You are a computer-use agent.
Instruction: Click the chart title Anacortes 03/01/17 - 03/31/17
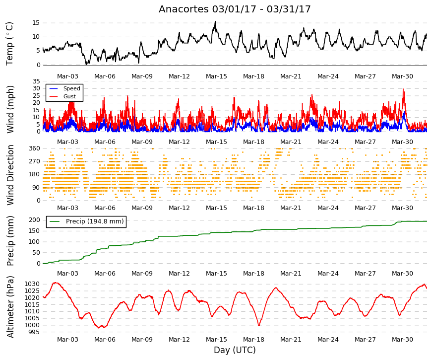(235, 9)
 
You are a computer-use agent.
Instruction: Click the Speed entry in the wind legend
(71, 88)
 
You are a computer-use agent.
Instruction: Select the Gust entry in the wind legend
(69, 96)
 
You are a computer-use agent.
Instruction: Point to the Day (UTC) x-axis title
(235, 350)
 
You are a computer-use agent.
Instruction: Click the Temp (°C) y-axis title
(9, 44)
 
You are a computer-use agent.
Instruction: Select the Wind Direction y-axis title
(10, 175)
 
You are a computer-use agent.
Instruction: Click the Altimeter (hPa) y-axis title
(10, 307)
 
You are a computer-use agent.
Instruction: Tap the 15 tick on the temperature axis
(36, 23)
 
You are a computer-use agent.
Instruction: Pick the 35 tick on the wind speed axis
(36, 81)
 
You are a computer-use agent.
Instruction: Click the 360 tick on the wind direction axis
(34, 148)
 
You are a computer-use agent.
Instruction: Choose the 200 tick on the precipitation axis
(34, 220)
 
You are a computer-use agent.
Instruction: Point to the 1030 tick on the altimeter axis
(32, 284)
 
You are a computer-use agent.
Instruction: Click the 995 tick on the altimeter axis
(34, 332)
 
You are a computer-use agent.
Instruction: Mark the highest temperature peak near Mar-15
(215, 21)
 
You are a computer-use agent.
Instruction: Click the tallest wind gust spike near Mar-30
(403, 89)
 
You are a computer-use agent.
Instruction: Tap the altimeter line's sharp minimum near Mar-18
(259, 325)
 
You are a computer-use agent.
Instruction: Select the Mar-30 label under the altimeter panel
(402, 340)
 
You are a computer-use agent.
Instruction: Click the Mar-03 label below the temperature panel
(67, 76)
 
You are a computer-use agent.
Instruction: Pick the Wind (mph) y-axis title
(10, 110)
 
